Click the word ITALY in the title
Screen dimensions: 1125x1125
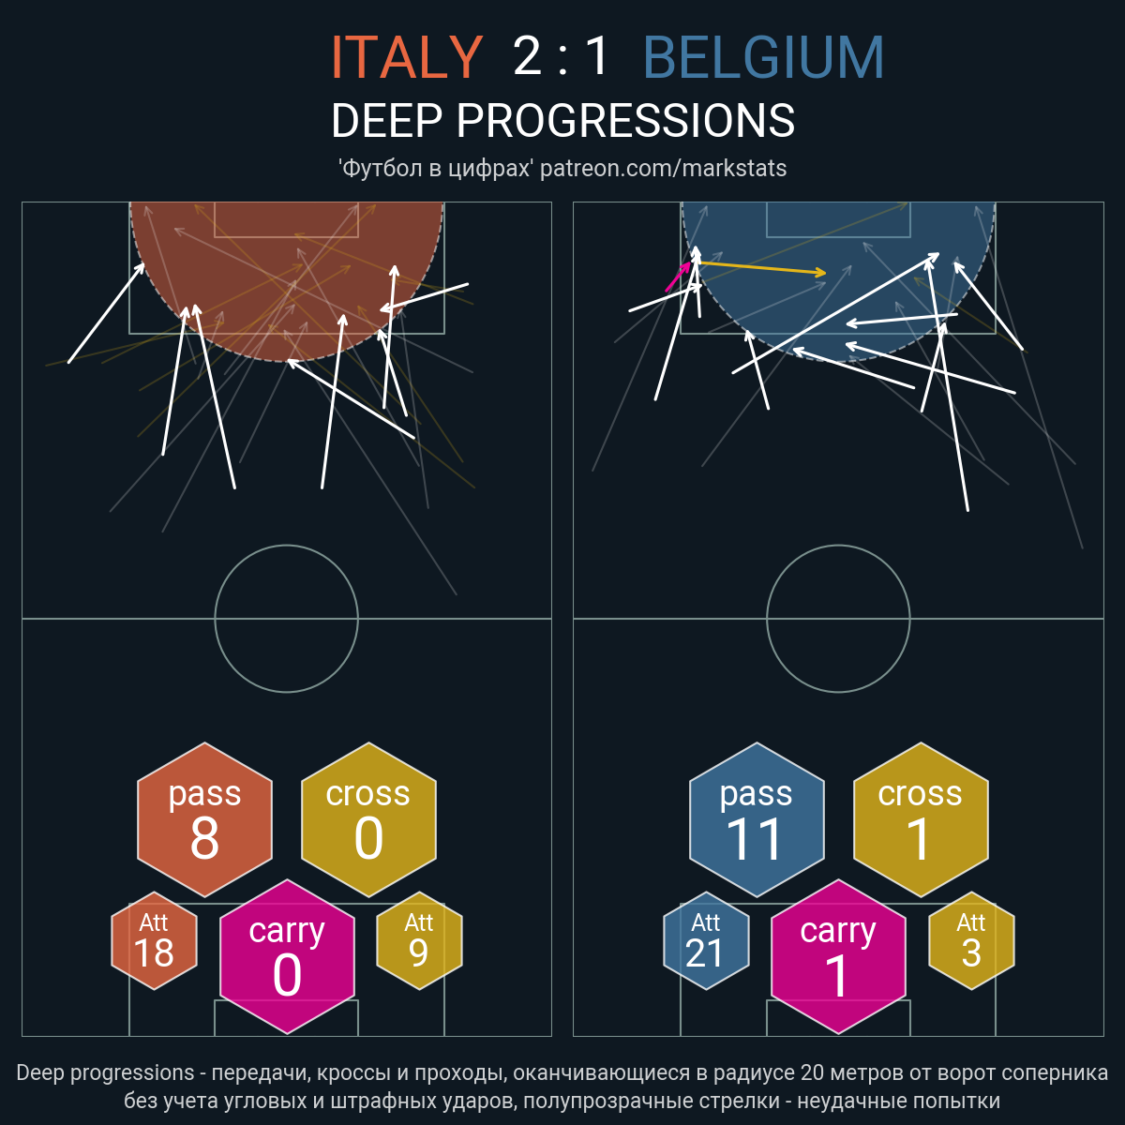[x=407, y=57]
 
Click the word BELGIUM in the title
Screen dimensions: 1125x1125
[x=764, y=57]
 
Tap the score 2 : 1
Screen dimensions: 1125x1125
[x=561, y=56]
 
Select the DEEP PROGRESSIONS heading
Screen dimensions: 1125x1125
[x=562, y=120]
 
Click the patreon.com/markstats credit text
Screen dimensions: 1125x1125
[x=663, y=169]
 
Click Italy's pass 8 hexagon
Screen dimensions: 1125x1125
[x=205, y=819]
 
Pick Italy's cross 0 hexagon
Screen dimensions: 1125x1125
[x=368, y=819]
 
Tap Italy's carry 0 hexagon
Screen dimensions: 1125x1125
[x=287, y=956]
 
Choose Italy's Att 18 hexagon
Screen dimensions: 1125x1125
[x=154, y=940]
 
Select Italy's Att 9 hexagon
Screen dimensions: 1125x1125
[x=419, y=940]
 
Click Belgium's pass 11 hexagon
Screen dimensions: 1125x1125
[x=757, y=819]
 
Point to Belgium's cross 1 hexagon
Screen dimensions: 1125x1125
[x=921, y=819]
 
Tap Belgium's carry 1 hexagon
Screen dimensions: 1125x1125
[x=838, y=956]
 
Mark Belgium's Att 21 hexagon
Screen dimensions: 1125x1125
[x=706, y=940]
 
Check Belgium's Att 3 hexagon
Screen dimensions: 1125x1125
[x=971, y=940]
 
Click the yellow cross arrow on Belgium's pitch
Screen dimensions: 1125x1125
[x=761, y=268]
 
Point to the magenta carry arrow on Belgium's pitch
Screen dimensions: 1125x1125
[x=678, y=277]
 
